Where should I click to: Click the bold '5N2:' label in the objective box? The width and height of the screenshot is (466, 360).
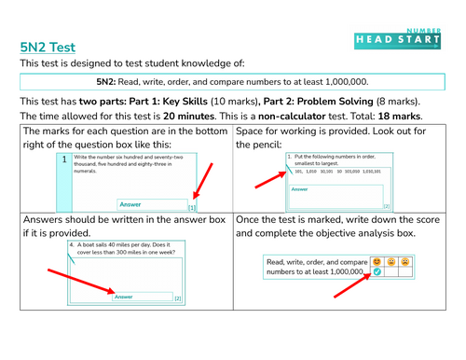tap(112, 81)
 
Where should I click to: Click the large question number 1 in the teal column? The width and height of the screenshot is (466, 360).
tap(62, 160)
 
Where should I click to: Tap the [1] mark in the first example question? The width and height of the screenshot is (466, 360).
tap(192, 207)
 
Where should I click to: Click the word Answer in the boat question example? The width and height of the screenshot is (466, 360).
tap(123, 297)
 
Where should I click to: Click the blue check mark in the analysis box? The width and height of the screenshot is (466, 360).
tap(377, 273)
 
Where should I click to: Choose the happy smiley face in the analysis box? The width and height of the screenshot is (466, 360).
tap(377, 262)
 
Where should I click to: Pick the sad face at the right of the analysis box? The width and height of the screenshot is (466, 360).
tap(407, 262)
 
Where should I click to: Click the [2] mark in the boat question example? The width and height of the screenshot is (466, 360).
tap(177, 298)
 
